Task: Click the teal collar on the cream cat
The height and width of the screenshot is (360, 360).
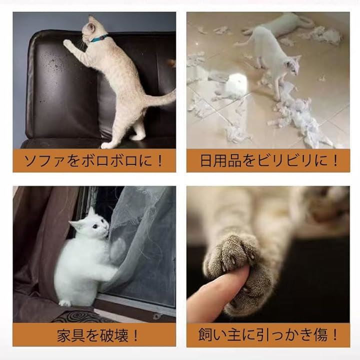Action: coord(99,38)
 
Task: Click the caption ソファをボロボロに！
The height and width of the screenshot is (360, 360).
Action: coord(93,160)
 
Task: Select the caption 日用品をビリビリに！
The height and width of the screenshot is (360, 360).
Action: coord(269,160)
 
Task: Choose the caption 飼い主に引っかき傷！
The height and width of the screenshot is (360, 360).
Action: coord(268,334)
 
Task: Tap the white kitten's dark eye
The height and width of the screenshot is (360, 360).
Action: coord(95,227)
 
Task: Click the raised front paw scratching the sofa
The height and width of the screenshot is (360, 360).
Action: coord(67,43)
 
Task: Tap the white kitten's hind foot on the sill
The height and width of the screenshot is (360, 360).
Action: coord(64,303)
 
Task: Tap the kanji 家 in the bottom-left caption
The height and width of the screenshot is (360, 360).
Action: coord(64,335)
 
